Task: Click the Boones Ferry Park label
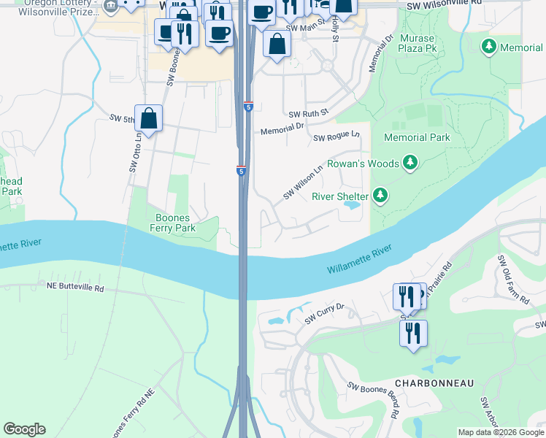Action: (172, 223)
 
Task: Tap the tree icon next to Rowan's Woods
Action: (410, 163)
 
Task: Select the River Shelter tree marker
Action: (380, 195)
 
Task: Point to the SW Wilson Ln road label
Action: (303, 184)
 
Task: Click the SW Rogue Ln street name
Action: (337, 137)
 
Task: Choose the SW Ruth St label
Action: (309, 114)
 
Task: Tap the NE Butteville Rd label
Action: (76, 288)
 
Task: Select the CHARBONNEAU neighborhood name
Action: (434, 383)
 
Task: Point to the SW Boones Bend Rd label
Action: (374, 400)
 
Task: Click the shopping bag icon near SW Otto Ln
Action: (148, 118)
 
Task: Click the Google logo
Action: (24, 429)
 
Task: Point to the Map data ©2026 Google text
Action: (501, 432)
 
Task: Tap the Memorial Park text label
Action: (417, 137)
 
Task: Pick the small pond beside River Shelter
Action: (350, 207)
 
